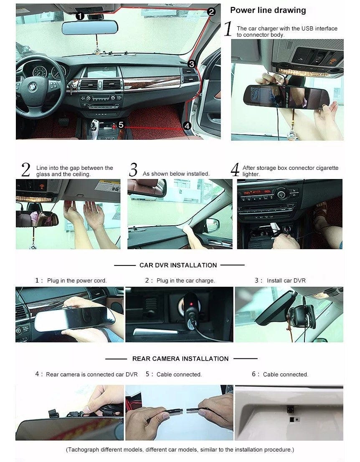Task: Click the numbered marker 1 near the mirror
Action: [x=80, y=16]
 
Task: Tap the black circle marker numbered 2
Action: [x=211, y=12]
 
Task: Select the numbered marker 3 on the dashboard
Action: [x=191, y=64]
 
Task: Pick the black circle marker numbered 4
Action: [x=187, y=126]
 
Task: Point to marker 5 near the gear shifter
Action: [x=121, y=125]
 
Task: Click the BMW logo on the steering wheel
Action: [x=32, y=87]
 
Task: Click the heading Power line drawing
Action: [x=268, y=10]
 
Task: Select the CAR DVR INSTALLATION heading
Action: [x=178, y=265]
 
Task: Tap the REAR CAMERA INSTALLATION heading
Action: [x=180, y=359]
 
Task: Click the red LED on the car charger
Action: [x=191, y=304]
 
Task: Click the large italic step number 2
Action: [x=25, y=170]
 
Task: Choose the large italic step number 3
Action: [x=133, y=170]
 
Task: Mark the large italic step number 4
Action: [x=235, y=170]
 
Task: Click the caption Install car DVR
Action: [x=286, y=280]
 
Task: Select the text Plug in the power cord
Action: [x=77, y=280]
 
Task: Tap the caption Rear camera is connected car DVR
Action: [x=92, y=374]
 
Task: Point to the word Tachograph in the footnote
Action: [x=83, y=450]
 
